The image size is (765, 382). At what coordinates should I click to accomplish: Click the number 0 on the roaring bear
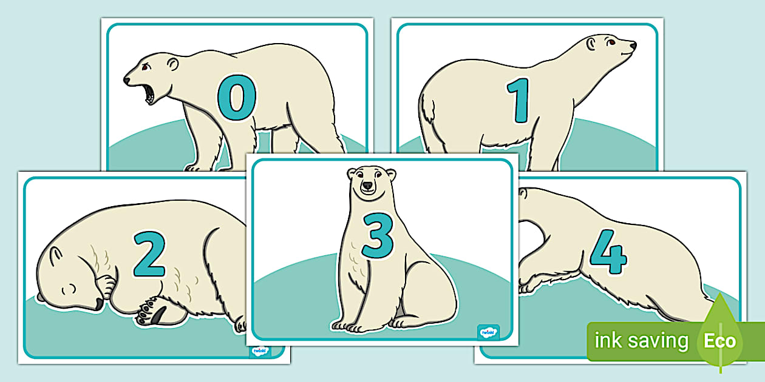237,98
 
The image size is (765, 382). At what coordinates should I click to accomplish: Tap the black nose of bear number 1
633,45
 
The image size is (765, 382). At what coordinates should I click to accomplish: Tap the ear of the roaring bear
173,64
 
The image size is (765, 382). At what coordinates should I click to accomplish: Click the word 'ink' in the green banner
608,341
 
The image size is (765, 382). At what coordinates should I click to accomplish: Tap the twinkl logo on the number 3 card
488,332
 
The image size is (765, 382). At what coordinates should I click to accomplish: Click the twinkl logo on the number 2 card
259,352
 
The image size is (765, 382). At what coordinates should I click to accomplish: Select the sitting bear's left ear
353,174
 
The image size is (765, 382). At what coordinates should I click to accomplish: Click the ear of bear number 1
590,42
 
